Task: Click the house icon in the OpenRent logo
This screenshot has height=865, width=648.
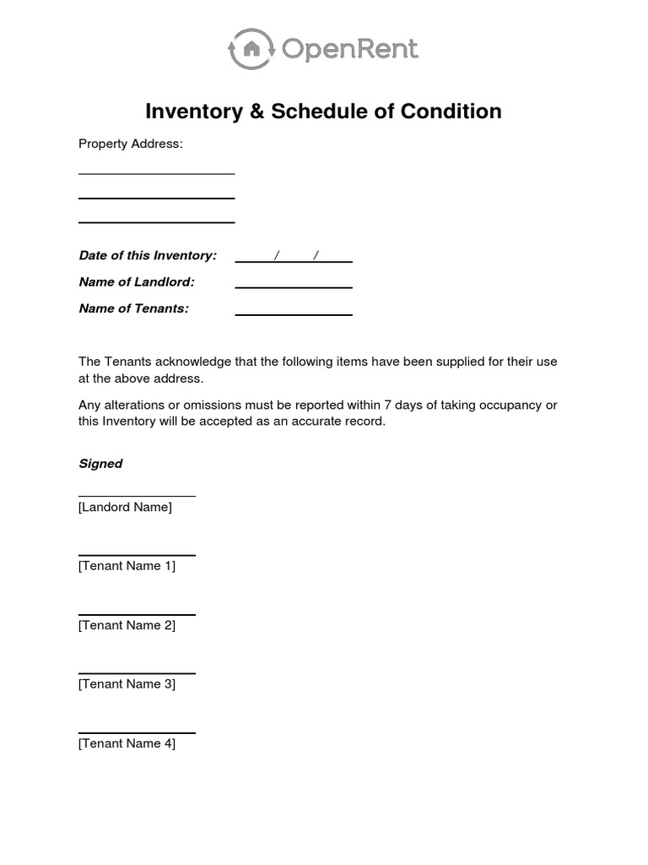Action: point(251,50)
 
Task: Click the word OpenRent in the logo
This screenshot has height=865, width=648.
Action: point(350,50)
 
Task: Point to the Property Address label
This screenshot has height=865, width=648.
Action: point(130,144)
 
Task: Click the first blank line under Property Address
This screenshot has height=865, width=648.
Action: point(156,174)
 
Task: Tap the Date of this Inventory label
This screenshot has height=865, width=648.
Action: point(148,255)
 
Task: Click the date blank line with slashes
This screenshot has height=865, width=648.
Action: point(294,261)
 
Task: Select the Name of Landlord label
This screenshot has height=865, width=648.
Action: point(137,281)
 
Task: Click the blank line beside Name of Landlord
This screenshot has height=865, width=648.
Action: point(294,288)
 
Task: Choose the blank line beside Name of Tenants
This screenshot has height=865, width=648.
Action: point(294,315)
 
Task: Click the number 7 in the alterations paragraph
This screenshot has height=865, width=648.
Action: point(388,405)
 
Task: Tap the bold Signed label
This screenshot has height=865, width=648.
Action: point(100,464)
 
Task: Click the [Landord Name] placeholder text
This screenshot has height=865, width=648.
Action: point(125,508)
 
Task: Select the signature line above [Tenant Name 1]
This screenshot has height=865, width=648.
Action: point(137,555)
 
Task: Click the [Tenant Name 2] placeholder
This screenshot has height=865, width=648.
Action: point(127,626)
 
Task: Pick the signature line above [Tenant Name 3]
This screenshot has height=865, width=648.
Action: point(137,673)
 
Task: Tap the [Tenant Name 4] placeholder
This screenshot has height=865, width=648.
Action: point(127,744)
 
